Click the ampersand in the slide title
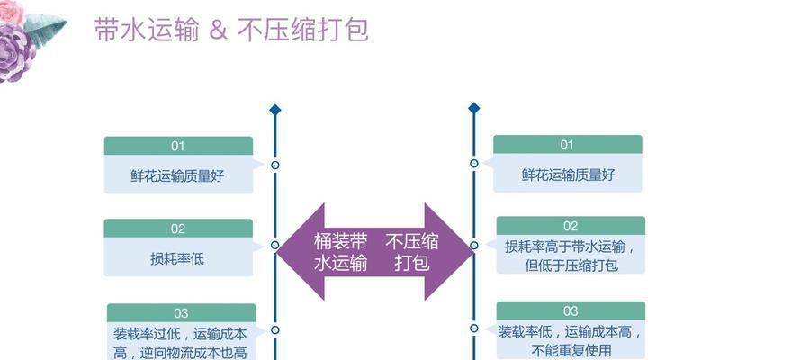pyautogui.click(x=218, y=31)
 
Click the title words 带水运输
pyautogui.click(x=147, y=31)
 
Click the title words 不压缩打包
pyautogui.click(x=303, y=31)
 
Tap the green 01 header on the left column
pyautogui.click(x=178, y=146)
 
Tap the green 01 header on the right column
pyautogui.click(x=567, y=144)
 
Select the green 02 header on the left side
pyautogui.click(x=178, y=229)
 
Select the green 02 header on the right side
pyautogui.click(x=571, y=226)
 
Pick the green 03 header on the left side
pyautogui.click(x=181, y=312)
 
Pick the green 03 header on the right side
pyautogui.click(x=571, y=310)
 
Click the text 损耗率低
pyautogui.click(x=177, y=258)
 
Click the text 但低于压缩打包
pyautogui.click(x=571, y=265)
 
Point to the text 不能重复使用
pyautogui.click(x=571, y=350)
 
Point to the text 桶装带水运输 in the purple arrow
pyautogui.click(x=340, y=252)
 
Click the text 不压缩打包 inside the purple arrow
pyautogui.click(x=412, y=252)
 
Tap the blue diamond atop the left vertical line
pyautogui.click(x=275, y=110)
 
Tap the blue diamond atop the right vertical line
pyautogui.click(x=474, y=108)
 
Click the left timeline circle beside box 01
pyautogui.click(x=275, y=166)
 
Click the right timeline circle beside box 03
pyautogui.click(x=474, y=328)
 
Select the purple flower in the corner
pyautogui.click(x=15, y=53)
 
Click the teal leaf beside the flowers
pyautogui.click(x=46, y=28)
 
